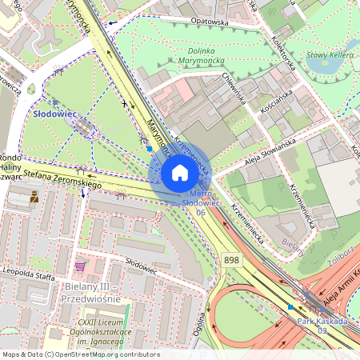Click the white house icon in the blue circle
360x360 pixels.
coord(180,172)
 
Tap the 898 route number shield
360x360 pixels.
coord(232,261)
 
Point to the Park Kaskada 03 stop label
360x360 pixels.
coord(322,325)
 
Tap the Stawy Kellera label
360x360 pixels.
coord(330,54)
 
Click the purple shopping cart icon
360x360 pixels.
coord(78,265)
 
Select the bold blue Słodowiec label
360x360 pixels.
coord(54,114)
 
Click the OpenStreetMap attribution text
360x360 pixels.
coord(80,354)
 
